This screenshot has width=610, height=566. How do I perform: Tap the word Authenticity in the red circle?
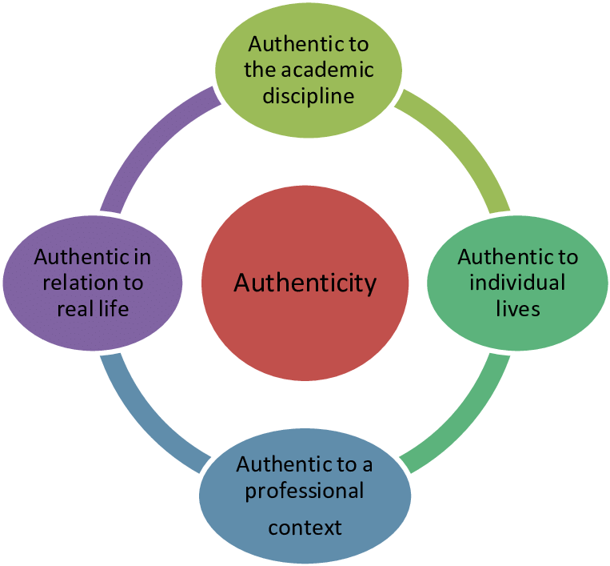click(305, 283)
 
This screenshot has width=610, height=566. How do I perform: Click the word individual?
click(517, 283)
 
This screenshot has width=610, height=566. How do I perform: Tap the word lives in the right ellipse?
click(517, 308)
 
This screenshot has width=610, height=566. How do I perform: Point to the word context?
click(305, 528)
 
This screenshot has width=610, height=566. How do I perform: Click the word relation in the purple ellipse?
click(76, 283)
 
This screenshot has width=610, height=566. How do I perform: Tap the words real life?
click(93, 309)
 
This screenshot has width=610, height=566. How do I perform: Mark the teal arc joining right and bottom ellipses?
click(468, 420)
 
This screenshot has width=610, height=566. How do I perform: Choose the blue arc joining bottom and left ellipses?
click(140, 420)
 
